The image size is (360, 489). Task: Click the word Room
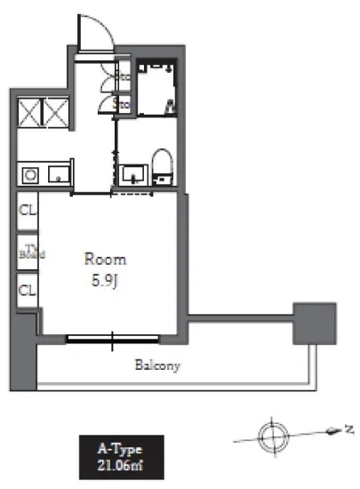(105, 260)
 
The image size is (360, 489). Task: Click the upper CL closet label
(28, 212)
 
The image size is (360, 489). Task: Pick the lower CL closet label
(28, 290)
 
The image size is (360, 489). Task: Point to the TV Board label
(29, 253)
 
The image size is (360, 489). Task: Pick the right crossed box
(57, 114)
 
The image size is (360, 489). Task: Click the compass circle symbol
(271, 436)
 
